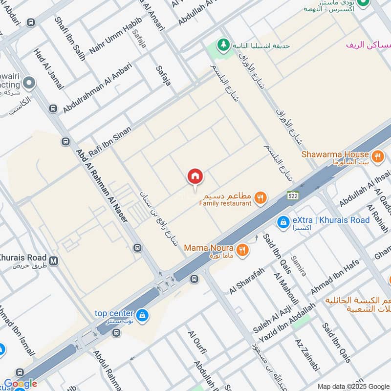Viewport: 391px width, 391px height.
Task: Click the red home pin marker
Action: [x=195, y=176]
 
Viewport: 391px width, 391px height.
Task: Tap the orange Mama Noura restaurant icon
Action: [x=242, y=250]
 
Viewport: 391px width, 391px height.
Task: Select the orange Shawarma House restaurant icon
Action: [x=377, y=157]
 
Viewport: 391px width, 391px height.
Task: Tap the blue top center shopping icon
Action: [x=142, y=315]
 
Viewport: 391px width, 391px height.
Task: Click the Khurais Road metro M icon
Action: [x=53, y=261]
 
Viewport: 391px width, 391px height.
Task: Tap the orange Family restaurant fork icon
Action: [x=261, y=197]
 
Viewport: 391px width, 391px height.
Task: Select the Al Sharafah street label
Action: [x=247, y=281]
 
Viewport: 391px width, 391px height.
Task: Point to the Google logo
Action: [x=20, y=384]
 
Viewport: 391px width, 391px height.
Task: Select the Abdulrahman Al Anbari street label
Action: [x=97, y=88]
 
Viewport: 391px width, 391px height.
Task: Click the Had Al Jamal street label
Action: [x=49, y=69]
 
